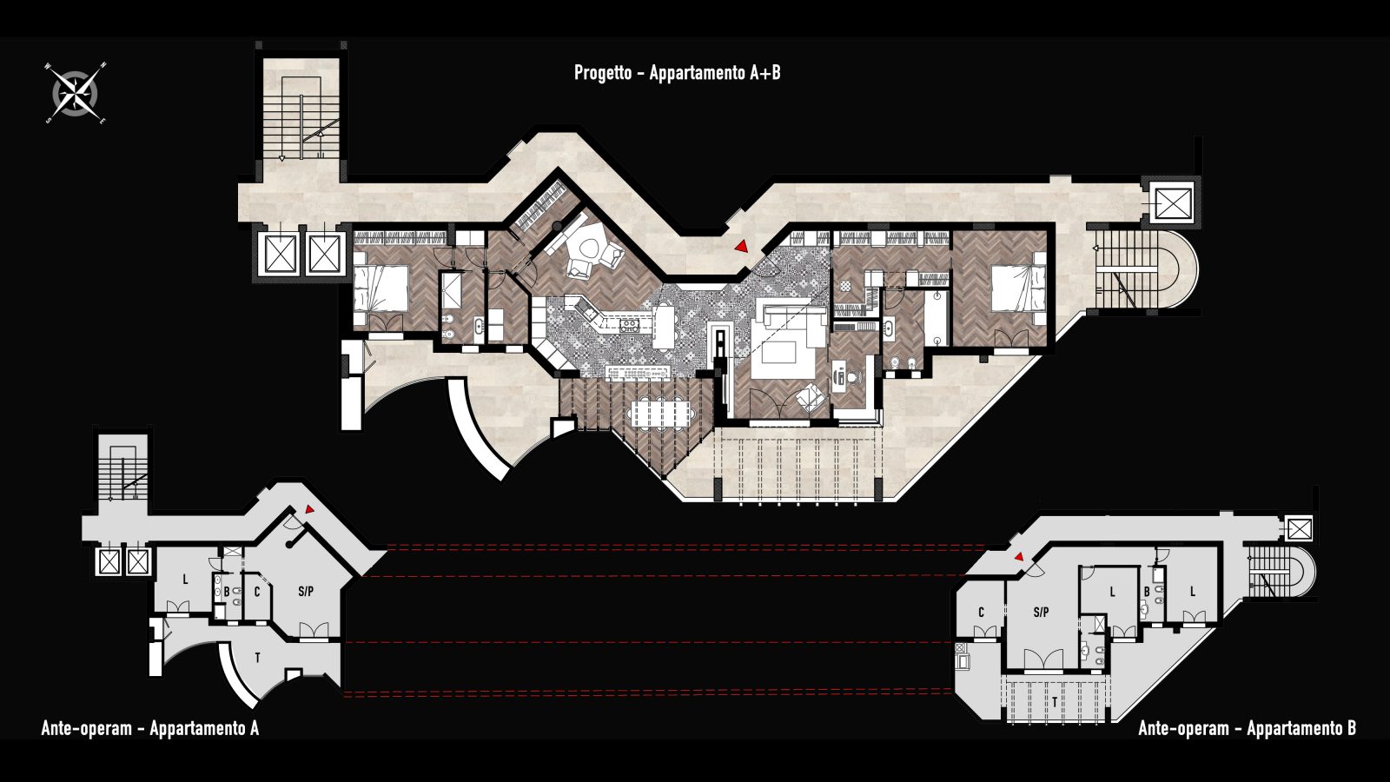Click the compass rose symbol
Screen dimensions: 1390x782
pos(75,93)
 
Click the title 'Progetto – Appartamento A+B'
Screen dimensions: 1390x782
pos(677,73)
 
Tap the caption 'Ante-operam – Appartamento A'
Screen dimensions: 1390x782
pos(149,728)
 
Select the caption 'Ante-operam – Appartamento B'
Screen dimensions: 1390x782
pos(1247,728)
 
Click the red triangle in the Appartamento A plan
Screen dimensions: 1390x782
pos(309,509)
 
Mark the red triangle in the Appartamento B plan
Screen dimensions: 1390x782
pos(1018,557)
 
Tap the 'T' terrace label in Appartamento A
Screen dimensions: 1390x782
pos(257,658)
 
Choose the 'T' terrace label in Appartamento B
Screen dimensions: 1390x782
pos(1055,703)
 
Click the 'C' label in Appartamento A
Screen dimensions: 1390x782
pos(257,592)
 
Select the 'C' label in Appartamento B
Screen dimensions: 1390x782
pos(981,613)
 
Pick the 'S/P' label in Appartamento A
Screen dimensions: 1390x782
pos(305,592)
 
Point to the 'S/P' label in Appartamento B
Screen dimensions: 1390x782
pos(1042,613)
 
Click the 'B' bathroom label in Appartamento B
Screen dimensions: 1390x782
pos(1148,592)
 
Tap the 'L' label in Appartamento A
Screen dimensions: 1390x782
pos(185,580)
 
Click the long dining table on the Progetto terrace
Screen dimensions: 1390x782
pos(661,412)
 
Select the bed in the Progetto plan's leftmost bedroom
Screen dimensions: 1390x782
pos(381,288)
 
